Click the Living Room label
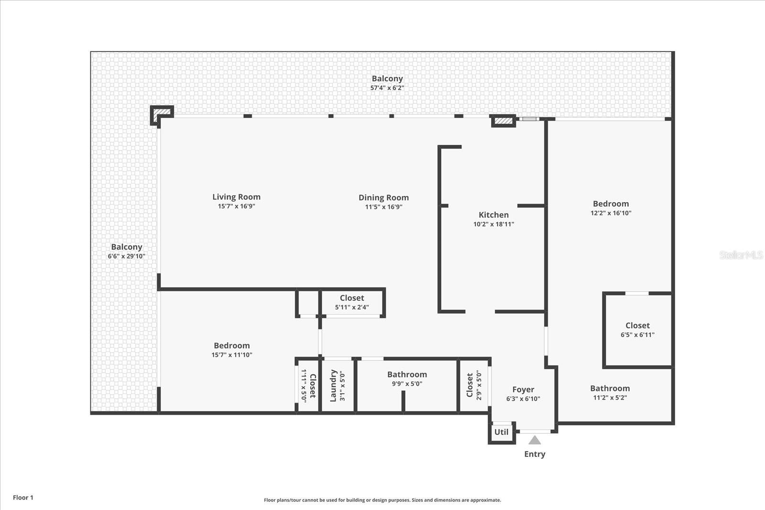click(236, 197)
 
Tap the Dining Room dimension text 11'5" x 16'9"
click(383, 207)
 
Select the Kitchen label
click(493, 215)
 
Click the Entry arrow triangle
click(535, 440)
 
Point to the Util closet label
click(501, 432)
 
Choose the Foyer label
click(523, 390)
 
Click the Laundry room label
click(334, 385)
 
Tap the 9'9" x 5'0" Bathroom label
click(407, 375)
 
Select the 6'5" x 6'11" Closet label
click(637, 326)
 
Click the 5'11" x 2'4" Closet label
click(352, 298)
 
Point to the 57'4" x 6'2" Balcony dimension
click(387, 88)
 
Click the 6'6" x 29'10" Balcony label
click(126, 247)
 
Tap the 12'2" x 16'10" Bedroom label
click(611, 204)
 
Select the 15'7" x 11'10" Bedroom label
click(231, 346)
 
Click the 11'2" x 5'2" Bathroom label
click(610, 389)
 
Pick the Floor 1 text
click(23, 498)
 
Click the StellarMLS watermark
click(741, 255)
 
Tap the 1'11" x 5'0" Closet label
click(312, 386)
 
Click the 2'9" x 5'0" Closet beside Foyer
click(470, 385)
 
